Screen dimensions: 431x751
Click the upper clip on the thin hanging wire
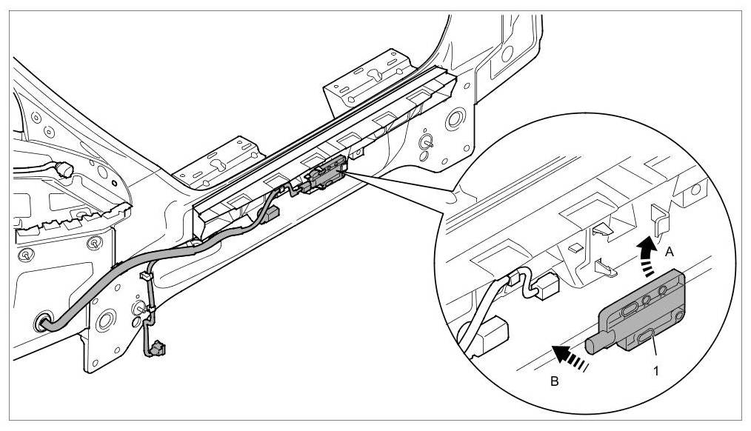pyautogui.click(x=144, y=277)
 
